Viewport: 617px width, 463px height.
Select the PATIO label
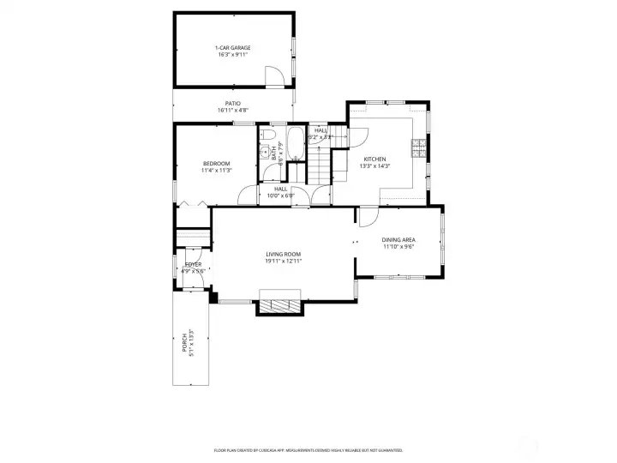[232, 103]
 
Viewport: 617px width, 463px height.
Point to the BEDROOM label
[216, 163]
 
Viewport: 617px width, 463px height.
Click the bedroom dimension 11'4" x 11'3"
[216, 170]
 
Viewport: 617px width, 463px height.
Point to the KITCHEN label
[374, 159]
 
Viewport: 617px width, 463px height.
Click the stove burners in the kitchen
[418, 149]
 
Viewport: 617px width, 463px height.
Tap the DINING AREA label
[398, 239]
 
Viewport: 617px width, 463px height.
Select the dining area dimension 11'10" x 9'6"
[398, 246]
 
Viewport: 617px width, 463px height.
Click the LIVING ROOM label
[283, 254]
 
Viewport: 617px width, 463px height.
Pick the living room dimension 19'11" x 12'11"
[283, 261]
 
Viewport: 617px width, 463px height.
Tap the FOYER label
[193, 264]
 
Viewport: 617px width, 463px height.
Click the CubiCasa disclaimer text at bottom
[308, 449]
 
